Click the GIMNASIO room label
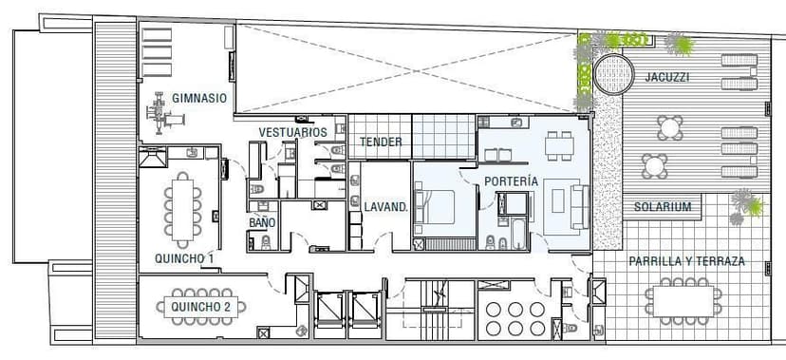click(x=199, y=98)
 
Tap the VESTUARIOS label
click(x=292, y=132)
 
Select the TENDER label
click(x=381, y=142)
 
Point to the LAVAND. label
click(x=386, y=206)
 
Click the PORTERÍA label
click(x=511, y=181)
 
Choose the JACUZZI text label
click(x=666, y=77)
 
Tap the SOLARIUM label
click(x=663, y=206)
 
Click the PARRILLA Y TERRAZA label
click(x=686, y=261)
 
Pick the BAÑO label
click(x=262, y=222)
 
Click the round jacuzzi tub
click(x=613, y=74)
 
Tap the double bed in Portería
click(x=433, y=206)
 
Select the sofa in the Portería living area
click(x=579, y=206)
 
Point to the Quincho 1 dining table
click(x=183, y=210)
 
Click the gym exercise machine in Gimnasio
click(x=164, y=113)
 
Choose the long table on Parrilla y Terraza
click(x=683, y=301)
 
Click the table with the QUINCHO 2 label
click(x=201, y=307)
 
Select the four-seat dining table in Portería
click(x=559, y=146)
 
